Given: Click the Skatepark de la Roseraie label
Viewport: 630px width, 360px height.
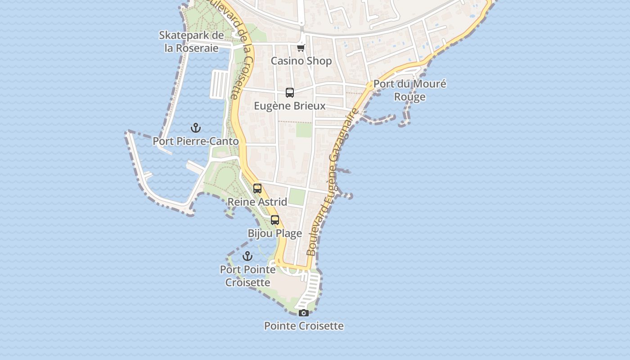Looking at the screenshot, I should tap(191, 41).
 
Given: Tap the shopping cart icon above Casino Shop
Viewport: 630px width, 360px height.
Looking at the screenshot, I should tap(301, 48).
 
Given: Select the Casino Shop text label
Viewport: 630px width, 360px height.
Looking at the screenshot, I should tap(301, 61).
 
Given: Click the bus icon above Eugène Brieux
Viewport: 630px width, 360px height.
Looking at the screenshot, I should tap(290, 93).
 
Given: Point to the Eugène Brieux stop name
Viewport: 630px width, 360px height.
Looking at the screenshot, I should tap(290, 106).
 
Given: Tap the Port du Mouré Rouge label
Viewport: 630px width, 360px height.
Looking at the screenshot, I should tap(409, 90).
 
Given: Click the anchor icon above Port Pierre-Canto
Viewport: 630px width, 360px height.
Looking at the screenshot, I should tap(195, 128).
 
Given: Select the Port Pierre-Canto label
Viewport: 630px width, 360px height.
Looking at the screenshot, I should tap(195, 141).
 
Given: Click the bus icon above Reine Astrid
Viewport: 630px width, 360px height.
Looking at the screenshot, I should tap(257, 189).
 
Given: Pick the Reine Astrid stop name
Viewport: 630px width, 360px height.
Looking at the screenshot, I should tap(257, 202).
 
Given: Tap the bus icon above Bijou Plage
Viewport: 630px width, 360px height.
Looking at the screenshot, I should tap(275, 220).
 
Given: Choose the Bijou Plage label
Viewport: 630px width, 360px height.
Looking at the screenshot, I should tap(275, 233).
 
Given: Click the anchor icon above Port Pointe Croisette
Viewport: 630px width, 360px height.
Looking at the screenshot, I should tap(247, 256).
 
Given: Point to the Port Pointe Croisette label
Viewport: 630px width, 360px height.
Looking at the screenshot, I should tap(247, 276).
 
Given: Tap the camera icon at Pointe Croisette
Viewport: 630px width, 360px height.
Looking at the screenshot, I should tap(304, 313).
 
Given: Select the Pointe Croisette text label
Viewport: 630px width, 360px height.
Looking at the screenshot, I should tap(304, 326).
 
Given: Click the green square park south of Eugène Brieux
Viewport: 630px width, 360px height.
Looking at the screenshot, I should tap(304, 130).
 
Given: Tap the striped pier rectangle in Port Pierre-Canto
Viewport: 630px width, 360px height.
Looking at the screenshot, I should tap(220, 84).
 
